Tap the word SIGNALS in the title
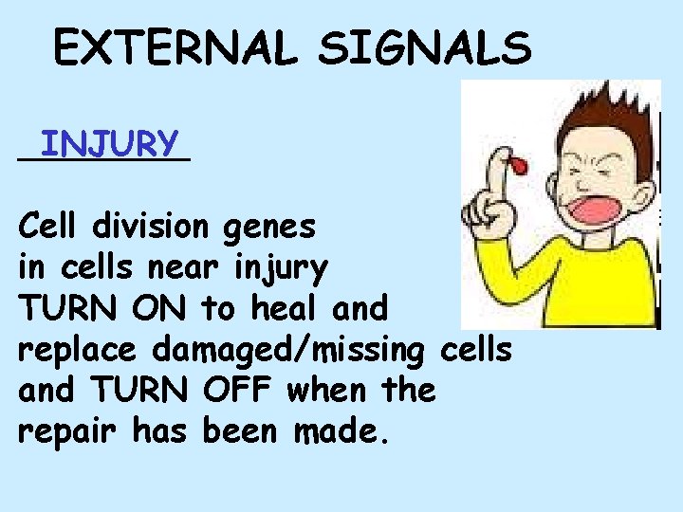[426, 48]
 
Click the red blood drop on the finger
[518, 169]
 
